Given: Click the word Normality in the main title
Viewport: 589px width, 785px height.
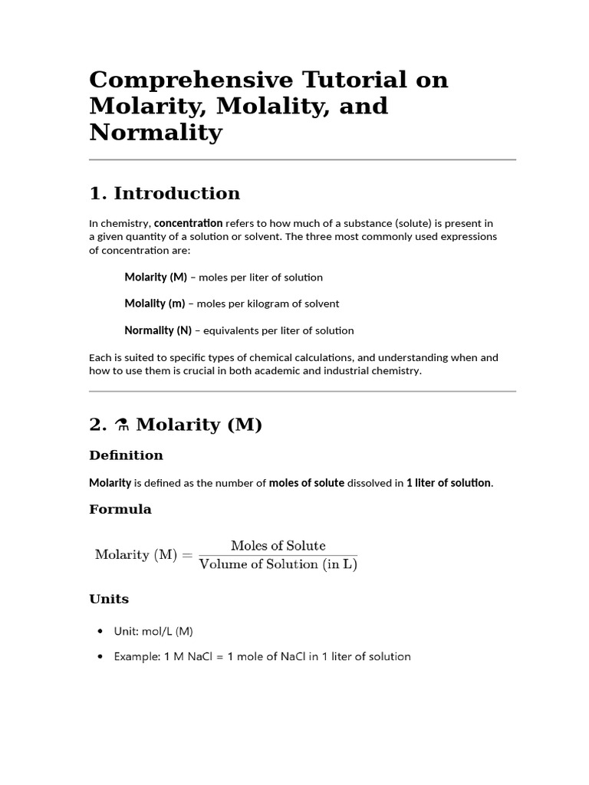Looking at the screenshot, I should coord(156,133).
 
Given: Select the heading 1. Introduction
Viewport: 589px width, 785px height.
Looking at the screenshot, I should coord(164,193).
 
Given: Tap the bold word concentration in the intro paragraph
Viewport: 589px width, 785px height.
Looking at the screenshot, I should coord(189,223).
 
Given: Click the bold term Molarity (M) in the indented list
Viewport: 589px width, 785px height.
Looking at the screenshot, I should coord(156,277).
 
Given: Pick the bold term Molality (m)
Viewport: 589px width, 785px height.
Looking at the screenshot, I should coord(155,304).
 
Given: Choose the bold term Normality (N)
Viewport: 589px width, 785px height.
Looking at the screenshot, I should coord(158,330).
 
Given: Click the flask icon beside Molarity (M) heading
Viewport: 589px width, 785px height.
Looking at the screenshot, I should coord(120,425).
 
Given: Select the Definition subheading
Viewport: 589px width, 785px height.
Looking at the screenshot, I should coord(126,455).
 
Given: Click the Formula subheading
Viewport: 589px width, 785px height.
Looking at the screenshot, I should coord(120,509).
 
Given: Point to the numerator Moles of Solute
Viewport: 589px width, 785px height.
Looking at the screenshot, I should coord(278,546).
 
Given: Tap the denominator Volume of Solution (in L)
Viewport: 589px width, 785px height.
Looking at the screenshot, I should coord(278,564).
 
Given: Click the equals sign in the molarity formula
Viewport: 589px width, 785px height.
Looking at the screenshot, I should coord(188,555).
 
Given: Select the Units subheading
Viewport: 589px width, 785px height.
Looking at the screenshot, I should coord(109,599).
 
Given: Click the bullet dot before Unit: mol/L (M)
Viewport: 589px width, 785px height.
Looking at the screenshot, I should coord(100,632).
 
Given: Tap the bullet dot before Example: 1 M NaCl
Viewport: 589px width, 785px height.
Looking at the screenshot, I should coord(100,657).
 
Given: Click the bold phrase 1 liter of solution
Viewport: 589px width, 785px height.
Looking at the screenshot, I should coord(448,483).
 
